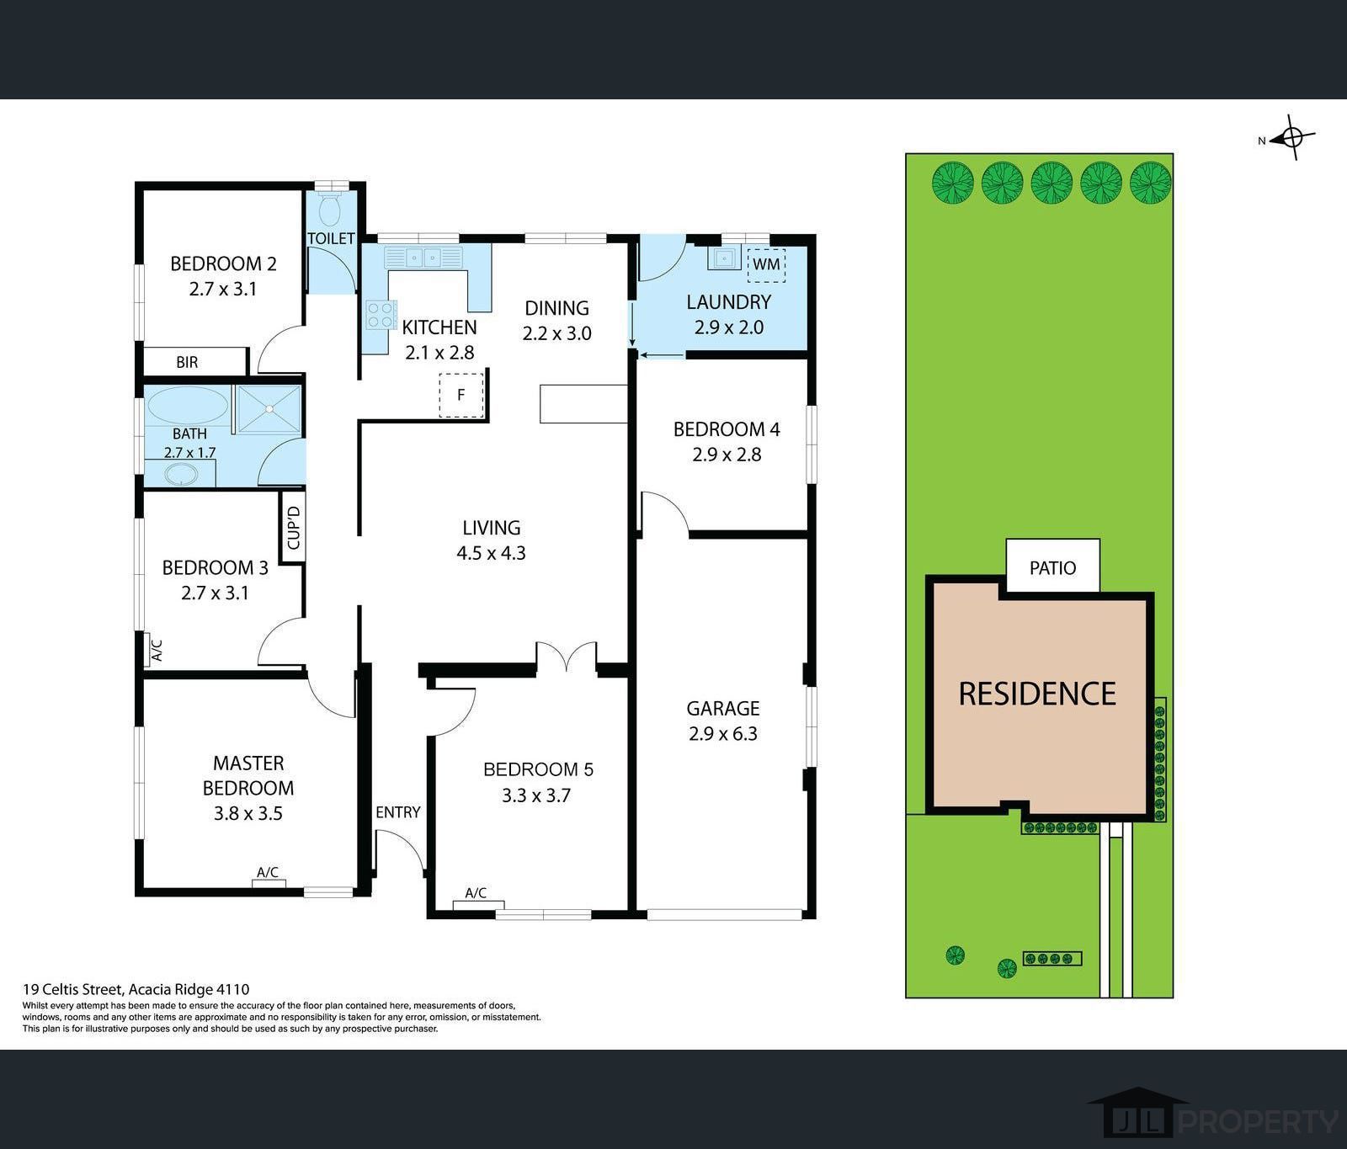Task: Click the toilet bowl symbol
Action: (x=331, y=206)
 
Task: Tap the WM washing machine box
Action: (x=766, y=264)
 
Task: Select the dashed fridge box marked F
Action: (x=461, y=394)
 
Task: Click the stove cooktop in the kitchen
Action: (x=381, y=315)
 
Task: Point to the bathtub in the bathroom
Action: (x=188, y=406)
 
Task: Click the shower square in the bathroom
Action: (x=268, y=409)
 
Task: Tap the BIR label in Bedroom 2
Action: (x=187, y=362)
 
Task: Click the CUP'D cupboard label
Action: (x=293, y=528)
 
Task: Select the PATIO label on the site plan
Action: (x=1052, y=568)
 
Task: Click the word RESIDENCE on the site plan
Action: (x=1037, y=694)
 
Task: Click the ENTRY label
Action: (x=397, y=812)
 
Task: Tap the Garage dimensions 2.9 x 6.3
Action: (x=723, y=734)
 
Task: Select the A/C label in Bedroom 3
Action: (x=156, y=650)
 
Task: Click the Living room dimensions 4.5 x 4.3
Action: (x=491, y=553)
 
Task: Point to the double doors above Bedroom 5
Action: (x=567, y=657)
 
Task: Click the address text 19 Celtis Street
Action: (x=74, y=990)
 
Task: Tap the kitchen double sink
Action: (x=423, y=257)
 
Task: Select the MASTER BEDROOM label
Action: (x=248, y=775)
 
